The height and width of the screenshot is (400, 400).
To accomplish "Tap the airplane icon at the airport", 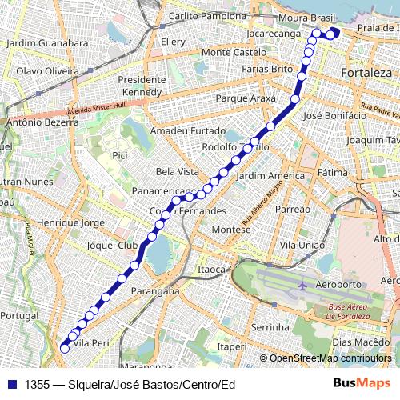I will click(302, 285).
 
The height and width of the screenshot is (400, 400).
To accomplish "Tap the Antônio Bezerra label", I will click(42, 124).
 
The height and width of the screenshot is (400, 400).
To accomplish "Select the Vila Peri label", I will click(90, 342).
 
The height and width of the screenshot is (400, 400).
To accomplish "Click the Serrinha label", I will click(269, 327).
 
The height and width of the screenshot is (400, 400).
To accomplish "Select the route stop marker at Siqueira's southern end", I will click(65, 348).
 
